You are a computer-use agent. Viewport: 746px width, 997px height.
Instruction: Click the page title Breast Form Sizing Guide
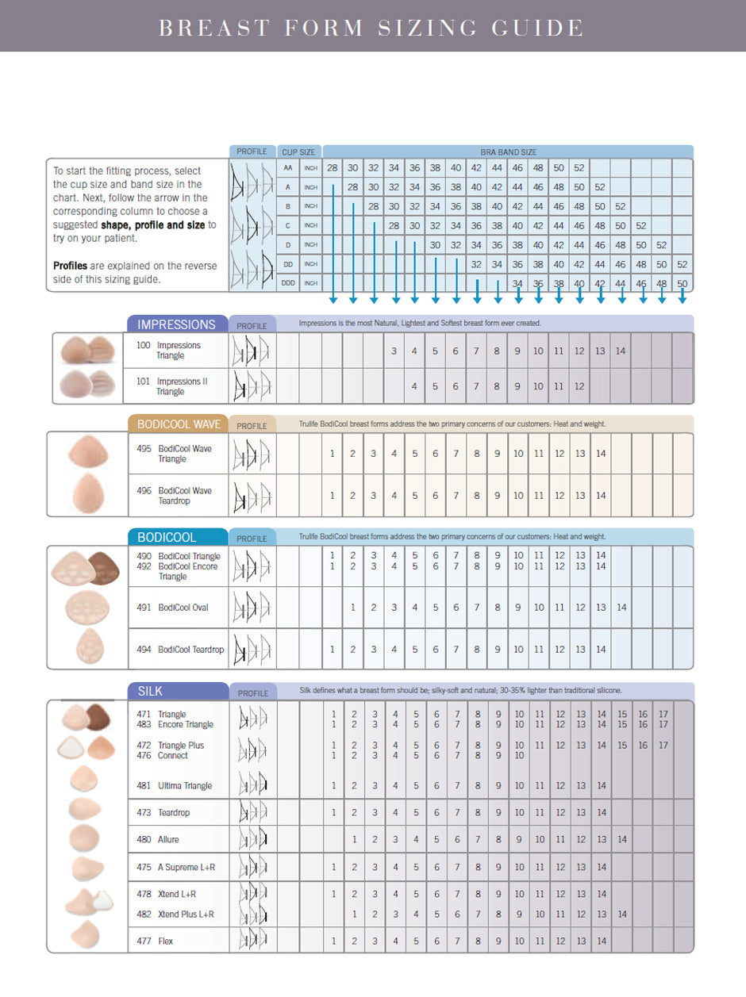click(x=371, y=28)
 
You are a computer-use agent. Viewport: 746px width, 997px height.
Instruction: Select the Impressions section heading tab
click(x=176, y=324)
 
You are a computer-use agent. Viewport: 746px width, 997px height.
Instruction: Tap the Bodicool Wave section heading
click(x=179, y=424)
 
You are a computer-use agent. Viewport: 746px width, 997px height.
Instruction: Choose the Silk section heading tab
click(x=150, y=692)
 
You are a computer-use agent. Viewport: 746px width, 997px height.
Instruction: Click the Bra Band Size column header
click(x=508, y=151)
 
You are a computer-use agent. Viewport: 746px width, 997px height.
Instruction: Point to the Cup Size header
click(x=298, y=151)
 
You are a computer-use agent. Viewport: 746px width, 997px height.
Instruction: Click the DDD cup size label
click(x=289, y=283)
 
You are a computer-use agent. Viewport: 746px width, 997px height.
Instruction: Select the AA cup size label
click(x=289, y=168)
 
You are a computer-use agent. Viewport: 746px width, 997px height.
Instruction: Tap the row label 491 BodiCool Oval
click(x=172, y=608)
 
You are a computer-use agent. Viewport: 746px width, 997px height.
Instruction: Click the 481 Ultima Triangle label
click(x=175, y=786)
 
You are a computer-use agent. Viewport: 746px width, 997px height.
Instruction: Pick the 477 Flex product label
click(x=155, y=941)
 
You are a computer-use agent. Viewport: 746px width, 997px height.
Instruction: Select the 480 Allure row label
click(x=158, y=839)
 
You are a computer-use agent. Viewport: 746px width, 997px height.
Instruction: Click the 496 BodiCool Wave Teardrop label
click(x=174, y=496)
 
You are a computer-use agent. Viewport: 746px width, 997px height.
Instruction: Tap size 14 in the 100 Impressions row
click(x=621, y=351)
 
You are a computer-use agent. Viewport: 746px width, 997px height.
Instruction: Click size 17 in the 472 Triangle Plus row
click(x=663, y=746)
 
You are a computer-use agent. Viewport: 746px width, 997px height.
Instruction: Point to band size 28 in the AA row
click(x=332, y=168)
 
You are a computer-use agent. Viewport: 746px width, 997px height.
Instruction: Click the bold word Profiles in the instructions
click(x=70, y=266)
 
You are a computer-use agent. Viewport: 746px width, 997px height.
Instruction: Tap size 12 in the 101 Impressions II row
click(x=579, y=386)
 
